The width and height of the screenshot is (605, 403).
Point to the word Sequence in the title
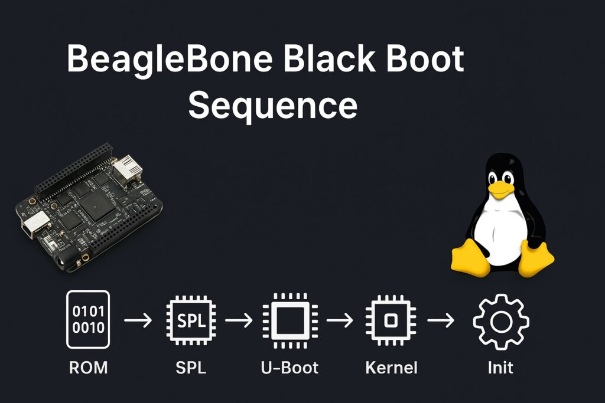tap(272, 106)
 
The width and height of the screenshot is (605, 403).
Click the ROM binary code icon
tap(87, 319)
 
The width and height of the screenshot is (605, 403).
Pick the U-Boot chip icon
tap(290, 320)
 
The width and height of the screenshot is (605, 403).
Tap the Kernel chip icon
tap(391, 320)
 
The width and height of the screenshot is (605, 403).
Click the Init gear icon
tap(501, 320)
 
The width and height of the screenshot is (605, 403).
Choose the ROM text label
tap(88, 368)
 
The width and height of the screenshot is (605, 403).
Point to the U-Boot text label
tap(290, 368)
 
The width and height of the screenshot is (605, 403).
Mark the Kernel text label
tap(391, 368)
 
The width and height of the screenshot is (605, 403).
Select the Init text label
tap(500, 368)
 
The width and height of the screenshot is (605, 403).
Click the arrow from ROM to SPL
tap(138, 320)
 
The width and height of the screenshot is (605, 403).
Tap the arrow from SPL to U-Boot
tap(239, 320)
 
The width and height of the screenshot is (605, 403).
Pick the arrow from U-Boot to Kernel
tap(340, 320)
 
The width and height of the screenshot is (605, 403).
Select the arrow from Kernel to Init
tap(441, 320)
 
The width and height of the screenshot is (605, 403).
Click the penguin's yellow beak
tap(502, 188)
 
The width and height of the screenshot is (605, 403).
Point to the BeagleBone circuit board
tap(89, 207)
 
